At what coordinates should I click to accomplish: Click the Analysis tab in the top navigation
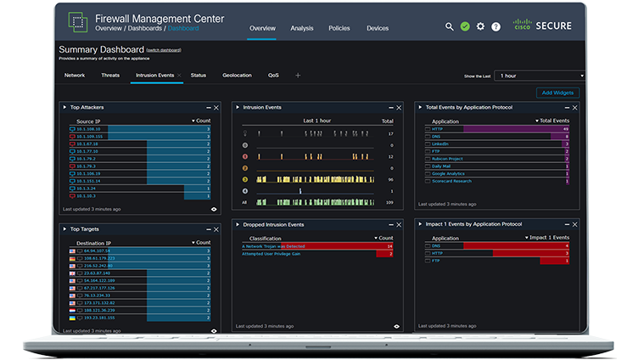[x=302, y=28]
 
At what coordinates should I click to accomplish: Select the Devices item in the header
[x=378, y=28]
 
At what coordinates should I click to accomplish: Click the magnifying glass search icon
[x=450, y=26]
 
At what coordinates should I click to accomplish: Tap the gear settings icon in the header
[x=480, y=26]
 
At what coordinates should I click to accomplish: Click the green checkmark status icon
[x=465, y=26]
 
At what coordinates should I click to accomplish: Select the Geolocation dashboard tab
[x=237, y=75]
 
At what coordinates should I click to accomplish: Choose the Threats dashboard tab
[x=110, y=75]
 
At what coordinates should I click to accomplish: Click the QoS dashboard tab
[x=273, y=75]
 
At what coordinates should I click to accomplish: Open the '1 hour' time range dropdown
[x=540, y=76]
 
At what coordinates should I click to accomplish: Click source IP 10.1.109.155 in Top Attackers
[x=89, y=136]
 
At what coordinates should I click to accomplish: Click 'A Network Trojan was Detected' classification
[x=273, y=246]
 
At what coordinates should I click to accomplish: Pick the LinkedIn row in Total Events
[x=440, y=144]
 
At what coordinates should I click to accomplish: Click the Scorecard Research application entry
[x=451, y=181]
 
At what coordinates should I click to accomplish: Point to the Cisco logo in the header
[x=523, y=26]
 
